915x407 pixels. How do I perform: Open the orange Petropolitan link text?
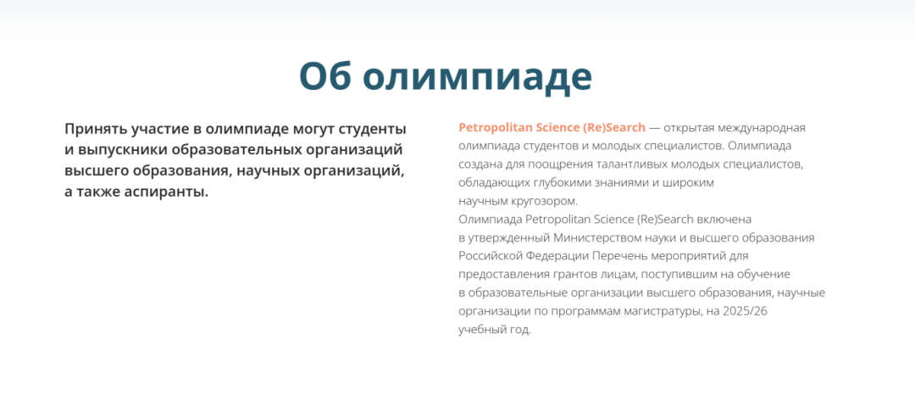(x=495, y=127)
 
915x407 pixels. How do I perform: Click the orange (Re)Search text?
(x=614, y=127)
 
